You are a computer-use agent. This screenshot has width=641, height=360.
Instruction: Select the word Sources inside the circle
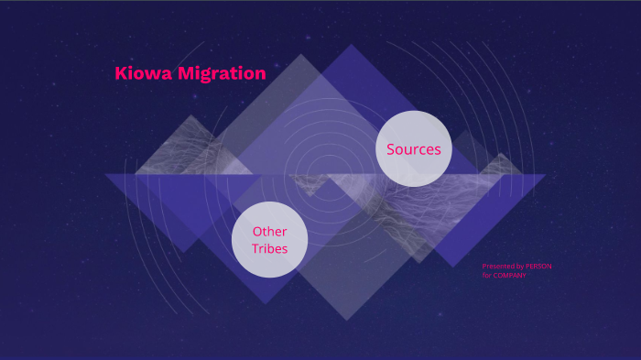click(x=414, y=149)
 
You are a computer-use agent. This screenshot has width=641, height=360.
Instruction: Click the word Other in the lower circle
click(x=269, y=232)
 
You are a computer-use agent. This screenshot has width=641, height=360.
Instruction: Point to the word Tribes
click(x=269, y=248)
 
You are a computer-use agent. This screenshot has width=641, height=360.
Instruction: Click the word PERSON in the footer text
click(x=538, y=267)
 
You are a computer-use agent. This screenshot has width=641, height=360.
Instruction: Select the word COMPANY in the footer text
click(x=509, y=275)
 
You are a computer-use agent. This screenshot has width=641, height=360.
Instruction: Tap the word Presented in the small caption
click(x=497, y=267)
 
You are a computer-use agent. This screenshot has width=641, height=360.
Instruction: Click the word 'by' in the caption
click(x=519, y=267)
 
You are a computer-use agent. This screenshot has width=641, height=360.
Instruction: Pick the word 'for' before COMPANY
click(x=487, y=275)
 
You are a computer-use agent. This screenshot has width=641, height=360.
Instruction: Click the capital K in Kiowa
click(x=121, y=74)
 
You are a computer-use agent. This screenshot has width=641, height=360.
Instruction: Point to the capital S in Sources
click(x=391, y=149)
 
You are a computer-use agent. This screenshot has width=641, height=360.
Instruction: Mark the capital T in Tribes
click(x=255, y=248)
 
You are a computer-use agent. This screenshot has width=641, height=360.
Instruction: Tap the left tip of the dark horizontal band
click(x=105, y=175)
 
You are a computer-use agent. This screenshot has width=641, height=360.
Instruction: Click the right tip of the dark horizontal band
click(x=545, y=175)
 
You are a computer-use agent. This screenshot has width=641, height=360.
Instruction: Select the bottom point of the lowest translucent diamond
click(x=345, y=320)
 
